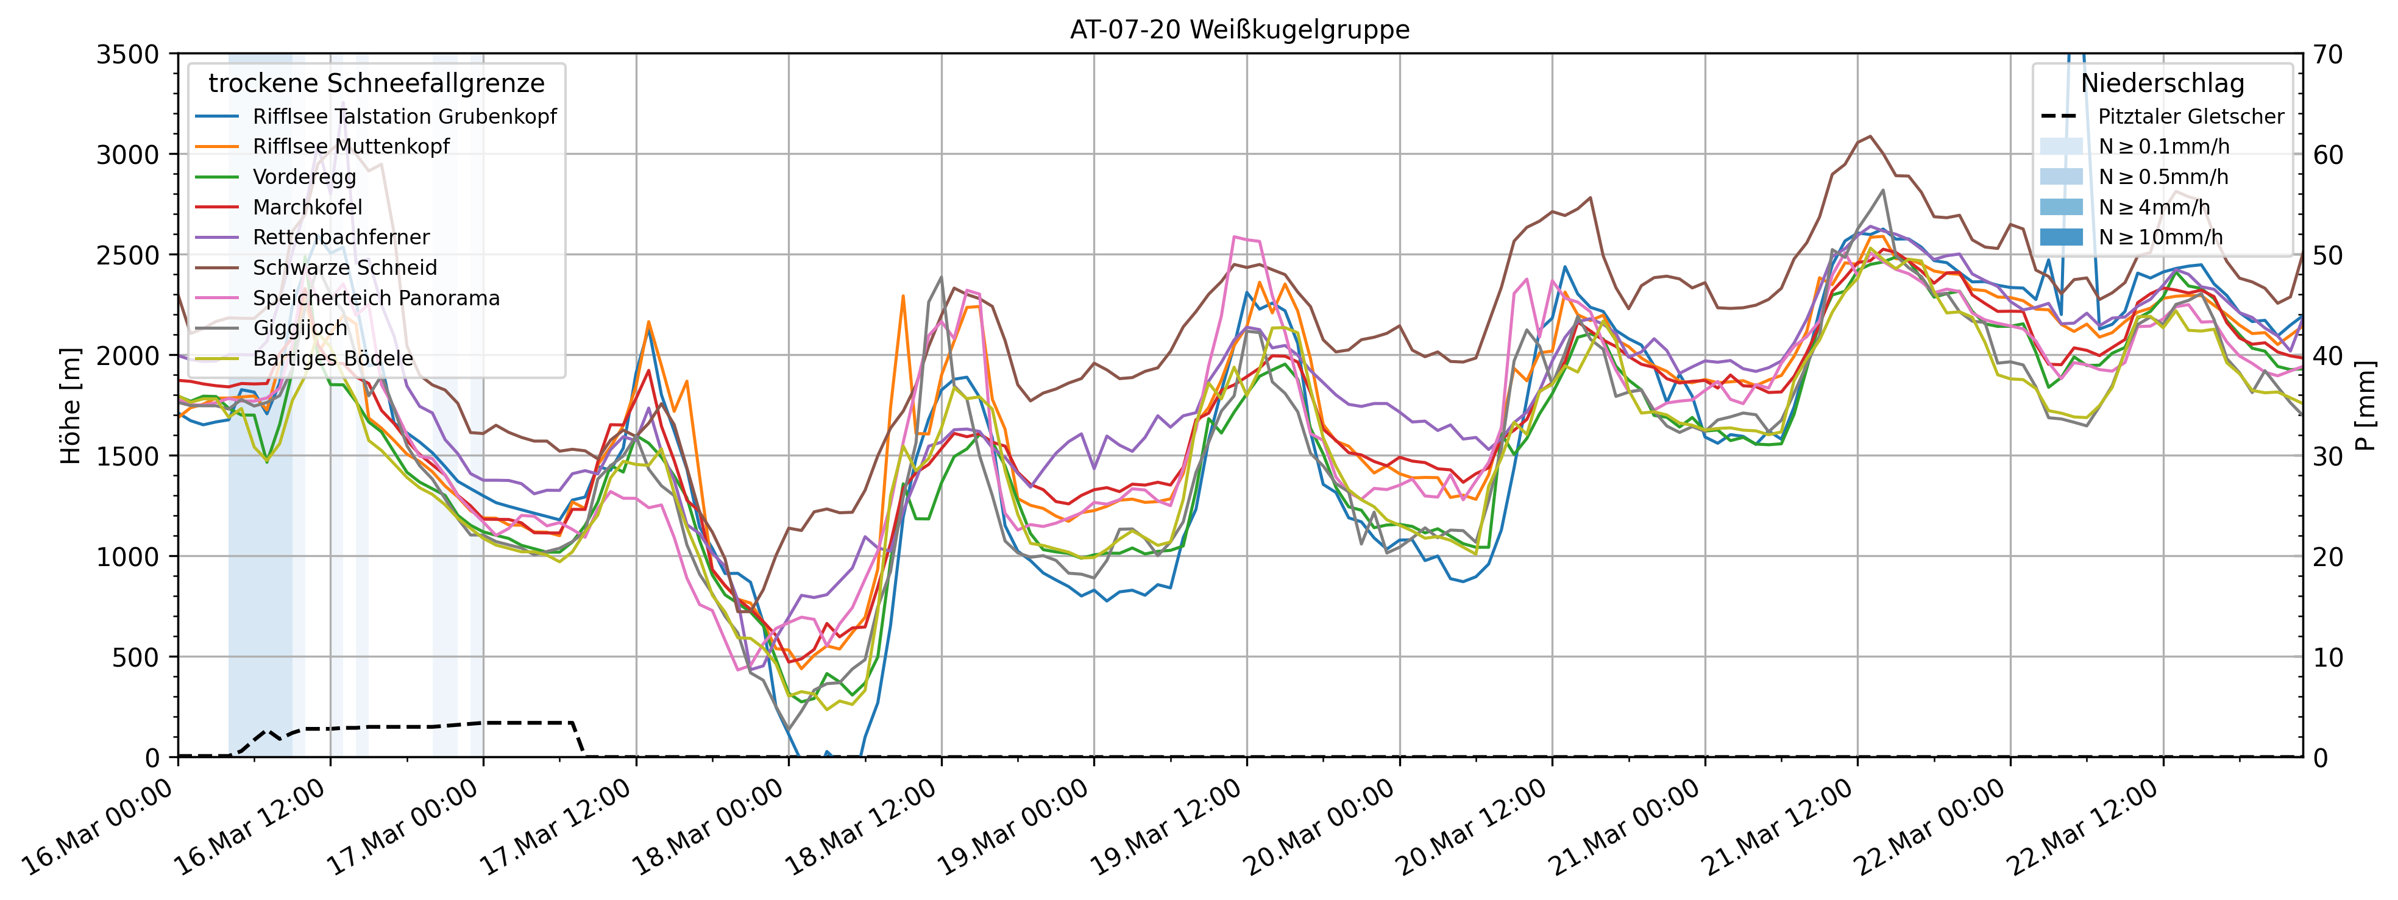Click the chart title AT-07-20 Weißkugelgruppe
[x=1239, y=30]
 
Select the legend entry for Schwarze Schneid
[x=344, y=268]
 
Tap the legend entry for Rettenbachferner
[x=341, y=237]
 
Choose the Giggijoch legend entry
[x=300, y=328]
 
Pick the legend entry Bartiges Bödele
[x=332, y=358]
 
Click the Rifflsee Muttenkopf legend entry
[x=351, y=147]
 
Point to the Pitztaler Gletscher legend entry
[x=2190, y=117]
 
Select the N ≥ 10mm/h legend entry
[x=2160, y=237]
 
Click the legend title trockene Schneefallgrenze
[x=376, y=83]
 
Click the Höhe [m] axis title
[x=71, y=406]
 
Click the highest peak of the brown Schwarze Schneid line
[x=1870, y=137]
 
